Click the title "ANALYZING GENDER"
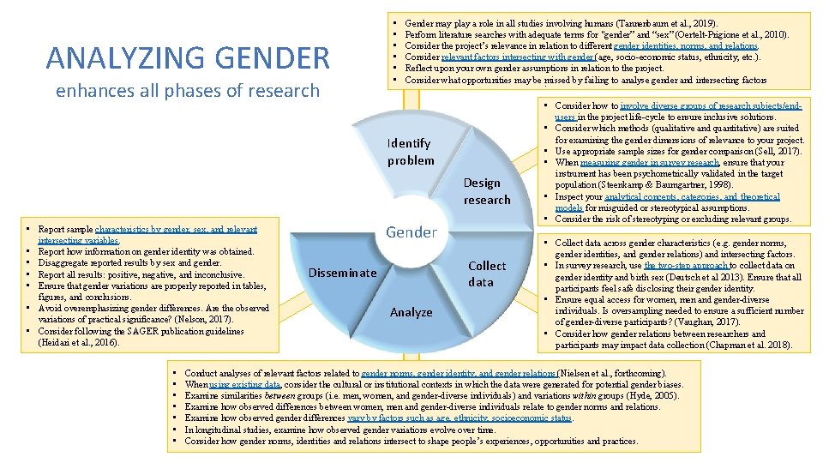(188, 57)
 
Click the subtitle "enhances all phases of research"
(187, 91)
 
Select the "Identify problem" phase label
(410, 152)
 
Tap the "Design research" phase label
(487, 191)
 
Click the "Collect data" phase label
(487, 274)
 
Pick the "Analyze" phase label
(411, 312)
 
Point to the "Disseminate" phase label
(341, 273)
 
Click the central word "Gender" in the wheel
(411, 231)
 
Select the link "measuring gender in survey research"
(650, 162)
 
